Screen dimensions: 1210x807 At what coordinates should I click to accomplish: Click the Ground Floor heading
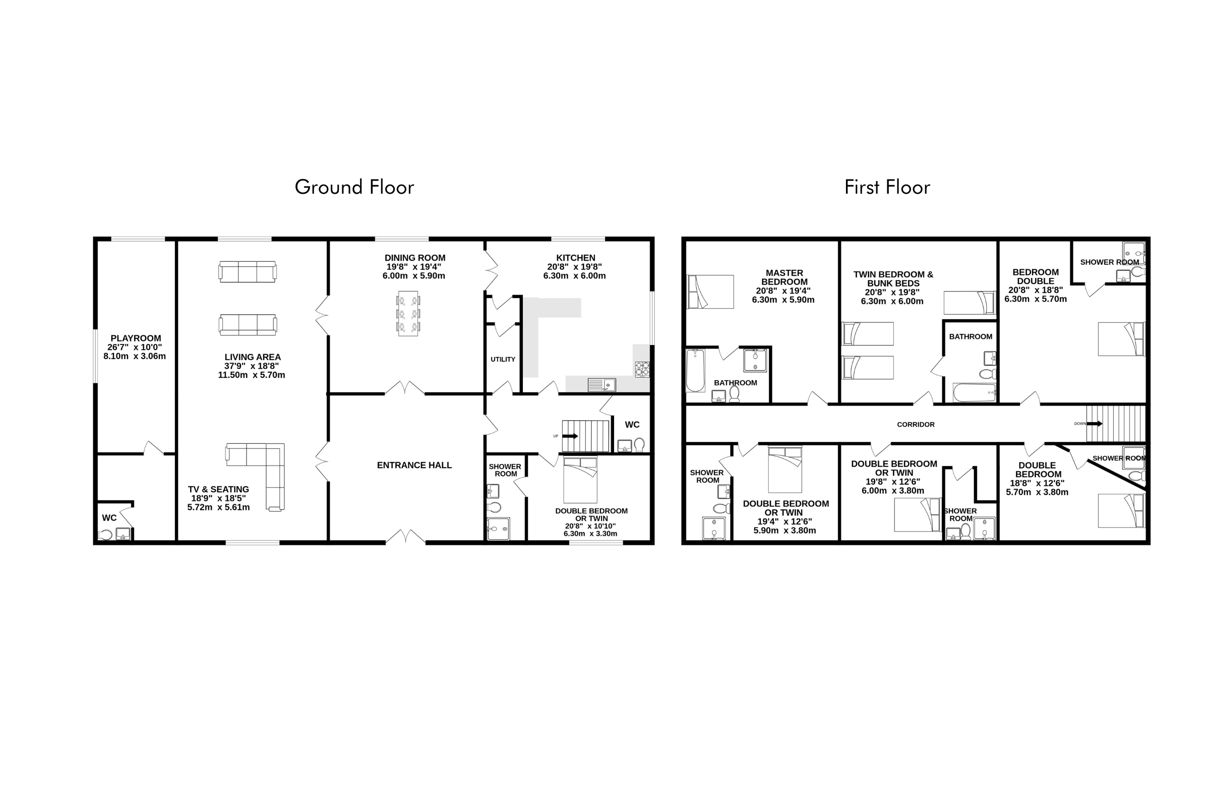coord(354,187)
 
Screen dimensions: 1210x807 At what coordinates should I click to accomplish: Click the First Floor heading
coord(887,187)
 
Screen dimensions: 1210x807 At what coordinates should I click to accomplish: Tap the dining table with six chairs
coord(408,313)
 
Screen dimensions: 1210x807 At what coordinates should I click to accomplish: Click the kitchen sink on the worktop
coord(602,384)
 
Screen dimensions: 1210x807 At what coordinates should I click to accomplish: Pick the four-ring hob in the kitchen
coord(642,369)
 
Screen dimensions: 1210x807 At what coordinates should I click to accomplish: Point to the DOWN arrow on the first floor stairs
coord(1095,424)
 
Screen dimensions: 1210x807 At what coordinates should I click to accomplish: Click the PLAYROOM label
coord(136,338)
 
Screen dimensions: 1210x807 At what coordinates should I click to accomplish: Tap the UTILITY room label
coord(503,359)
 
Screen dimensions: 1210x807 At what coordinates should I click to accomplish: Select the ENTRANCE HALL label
coord(414,465)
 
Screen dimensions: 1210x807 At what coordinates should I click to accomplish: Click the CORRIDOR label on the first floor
coord(916,425)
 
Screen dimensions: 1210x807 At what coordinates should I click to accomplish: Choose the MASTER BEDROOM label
coord(784,277)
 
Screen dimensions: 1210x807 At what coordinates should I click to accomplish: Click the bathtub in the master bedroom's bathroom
coord(696,371)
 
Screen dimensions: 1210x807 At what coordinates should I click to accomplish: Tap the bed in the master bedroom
coord(711,292)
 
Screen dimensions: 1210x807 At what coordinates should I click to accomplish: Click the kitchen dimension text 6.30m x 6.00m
coord(575,276)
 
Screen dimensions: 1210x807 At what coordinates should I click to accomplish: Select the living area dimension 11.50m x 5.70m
coord(252,375)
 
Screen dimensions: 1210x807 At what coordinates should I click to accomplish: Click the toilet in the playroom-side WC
coord(105,535)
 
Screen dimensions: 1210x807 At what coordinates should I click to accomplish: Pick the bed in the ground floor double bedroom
coord(580,480)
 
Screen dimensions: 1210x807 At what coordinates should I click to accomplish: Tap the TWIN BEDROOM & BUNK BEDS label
coord(893,279)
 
